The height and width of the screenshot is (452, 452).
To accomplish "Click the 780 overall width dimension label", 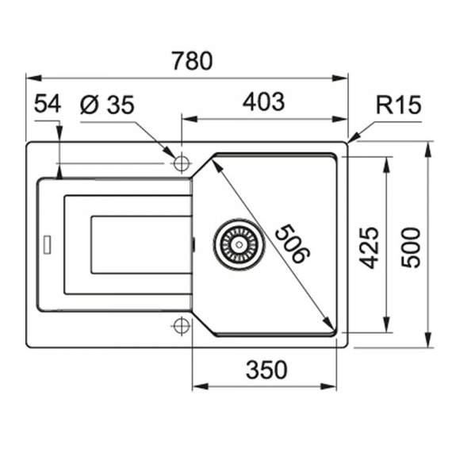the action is pyautogui.click(x=192, y=61).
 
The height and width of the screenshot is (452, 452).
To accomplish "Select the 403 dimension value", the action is pyautogui.click(x=264, y=102).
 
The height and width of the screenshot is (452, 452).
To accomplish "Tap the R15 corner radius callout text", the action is pyautogui.click(x=399, y=105).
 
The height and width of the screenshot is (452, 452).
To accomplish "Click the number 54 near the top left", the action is pyautogui.click(x=48, y=104).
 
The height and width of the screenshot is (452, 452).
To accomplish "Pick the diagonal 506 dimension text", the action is pyautogui.click(x=292, y=244).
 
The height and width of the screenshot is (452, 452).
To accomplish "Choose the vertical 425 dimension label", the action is pyautogui.click(x=369, y=248).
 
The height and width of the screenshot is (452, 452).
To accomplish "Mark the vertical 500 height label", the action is pyautogui.click(x=411, y=248).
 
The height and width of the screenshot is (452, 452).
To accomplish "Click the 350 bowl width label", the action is pyautogui.click(x=266, y=370).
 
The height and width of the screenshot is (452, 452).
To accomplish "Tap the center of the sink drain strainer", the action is pyautogui.click(x=239, y=244).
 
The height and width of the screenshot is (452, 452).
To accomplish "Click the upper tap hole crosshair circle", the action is pyautogui.click(x=182, y=163).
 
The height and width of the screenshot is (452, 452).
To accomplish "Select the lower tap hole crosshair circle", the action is pyautogui.click(x=182, y=326).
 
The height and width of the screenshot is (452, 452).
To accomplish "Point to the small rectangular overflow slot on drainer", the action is pyautogui.click(x=47, y=245).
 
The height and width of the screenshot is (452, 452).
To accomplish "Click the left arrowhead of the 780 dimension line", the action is pyautogui.click(x=34, y=79).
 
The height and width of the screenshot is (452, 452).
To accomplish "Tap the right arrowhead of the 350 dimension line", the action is pyautogui.click(x=328, y=386).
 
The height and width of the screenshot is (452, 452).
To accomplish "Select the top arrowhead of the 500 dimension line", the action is pyautogui.click(x=429, y=150).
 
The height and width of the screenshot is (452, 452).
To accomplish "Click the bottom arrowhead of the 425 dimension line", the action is pyautogui.click(x=386, y=324).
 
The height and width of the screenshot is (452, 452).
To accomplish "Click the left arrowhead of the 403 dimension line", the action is pyautogui.click(x=190, y=119).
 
